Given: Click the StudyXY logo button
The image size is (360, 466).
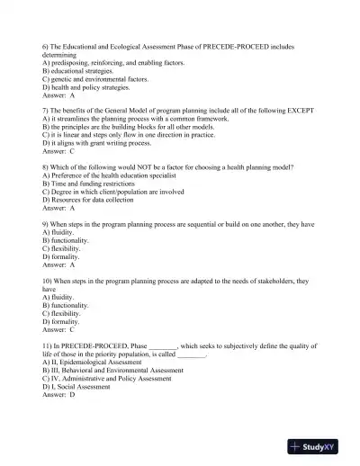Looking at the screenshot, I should point(319,444).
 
